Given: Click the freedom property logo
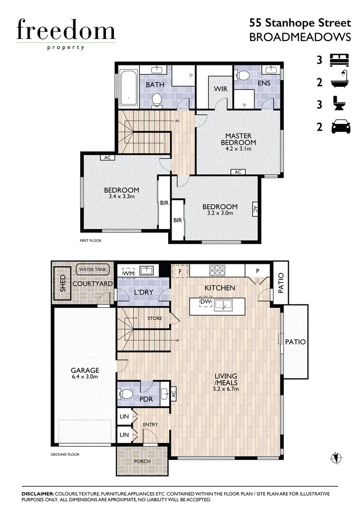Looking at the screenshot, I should (65, 33).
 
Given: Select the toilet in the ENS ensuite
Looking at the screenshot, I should (244, 75).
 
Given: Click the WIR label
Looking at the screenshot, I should (221, 89).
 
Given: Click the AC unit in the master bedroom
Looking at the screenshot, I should (238, 172).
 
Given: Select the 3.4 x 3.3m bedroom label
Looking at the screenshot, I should (122, 193).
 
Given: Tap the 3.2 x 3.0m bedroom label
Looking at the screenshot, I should (220, 210).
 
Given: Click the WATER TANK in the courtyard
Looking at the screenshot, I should (93, 270).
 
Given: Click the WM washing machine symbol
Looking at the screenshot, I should (128, 272).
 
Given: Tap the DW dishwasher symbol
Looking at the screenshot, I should (205, 302).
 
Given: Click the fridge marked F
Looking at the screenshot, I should (180, 271).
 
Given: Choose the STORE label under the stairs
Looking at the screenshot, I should (155, 319).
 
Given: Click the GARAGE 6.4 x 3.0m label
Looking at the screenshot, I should (85, 373).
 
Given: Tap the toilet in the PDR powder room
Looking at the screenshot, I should (126, 394).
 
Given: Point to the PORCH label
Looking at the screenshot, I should (142, 461).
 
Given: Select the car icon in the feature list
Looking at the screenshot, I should (341, 126).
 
